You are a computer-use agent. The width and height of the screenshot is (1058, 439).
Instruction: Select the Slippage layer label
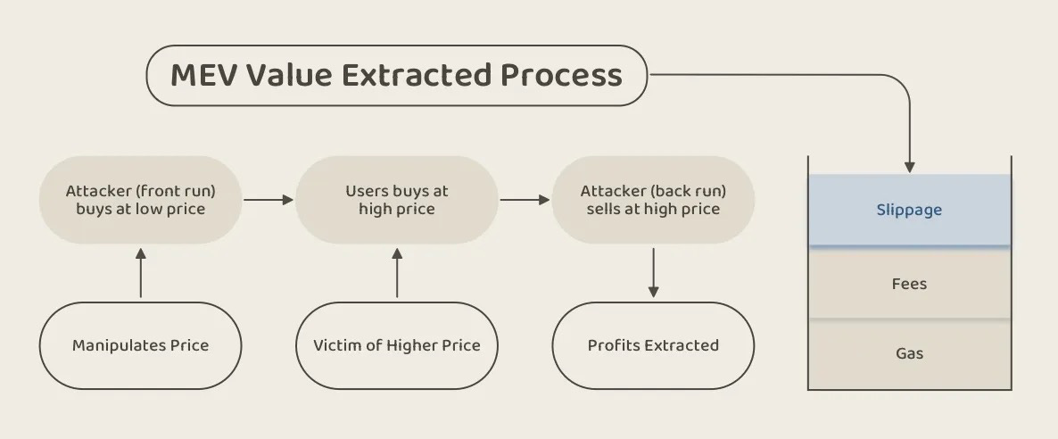tap(909, 211)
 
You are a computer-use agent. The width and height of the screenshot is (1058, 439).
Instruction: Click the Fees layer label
tap(909, 284)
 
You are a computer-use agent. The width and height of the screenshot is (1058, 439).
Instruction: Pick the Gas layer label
tap(909, 353)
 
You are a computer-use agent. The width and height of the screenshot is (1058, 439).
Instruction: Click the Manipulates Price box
tap(140, 346)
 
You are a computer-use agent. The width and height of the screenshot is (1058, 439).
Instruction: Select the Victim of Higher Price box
tap(397, 346)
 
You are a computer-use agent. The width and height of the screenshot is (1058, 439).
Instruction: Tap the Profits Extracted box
tap(653, 346)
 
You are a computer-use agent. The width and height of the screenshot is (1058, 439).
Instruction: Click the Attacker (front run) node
tap(140, 200)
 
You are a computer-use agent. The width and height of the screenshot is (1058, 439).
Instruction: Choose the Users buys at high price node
tap(397, 200)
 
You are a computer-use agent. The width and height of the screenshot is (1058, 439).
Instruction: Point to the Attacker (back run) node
tap(653, 200)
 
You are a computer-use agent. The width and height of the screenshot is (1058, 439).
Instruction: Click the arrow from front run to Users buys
tap(269, 200)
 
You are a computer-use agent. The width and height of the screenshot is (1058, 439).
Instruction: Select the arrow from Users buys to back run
tap(525, 200)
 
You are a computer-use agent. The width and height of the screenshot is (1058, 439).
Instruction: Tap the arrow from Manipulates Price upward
tap(140, 273)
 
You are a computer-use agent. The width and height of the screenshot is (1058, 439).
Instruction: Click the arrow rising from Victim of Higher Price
tap(397, 273)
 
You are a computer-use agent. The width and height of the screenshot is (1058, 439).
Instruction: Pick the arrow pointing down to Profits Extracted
tap(653, 273)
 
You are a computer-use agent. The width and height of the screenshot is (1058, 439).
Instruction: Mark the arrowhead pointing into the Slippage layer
tap(910, 168)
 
